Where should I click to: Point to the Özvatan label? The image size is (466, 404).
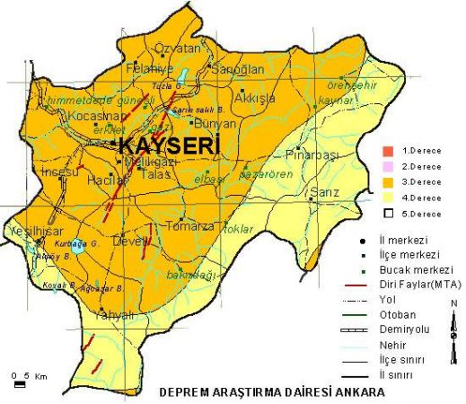175,48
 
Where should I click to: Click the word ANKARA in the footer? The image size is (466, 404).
358,392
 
